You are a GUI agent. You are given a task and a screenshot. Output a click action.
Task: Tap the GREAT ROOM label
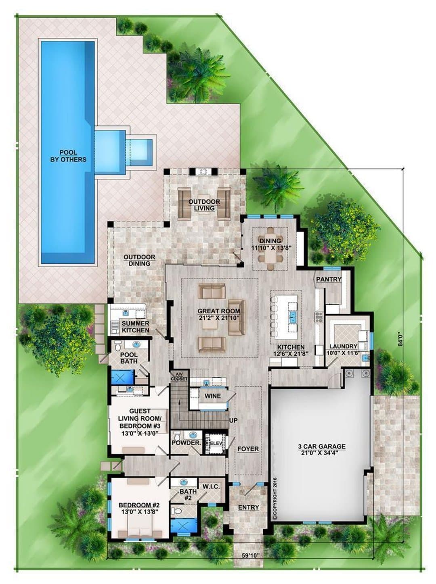pos(218,314)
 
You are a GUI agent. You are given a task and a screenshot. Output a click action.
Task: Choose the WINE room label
pos(212,396)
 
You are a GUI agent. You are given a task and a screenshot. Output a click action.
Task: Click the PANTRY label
pos(329,279)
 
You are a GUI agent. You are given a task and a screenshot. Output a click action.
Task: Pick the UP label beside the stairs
pos(233,420)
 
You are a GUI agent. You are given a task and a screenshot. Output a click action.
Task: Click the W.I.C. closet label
pos(211,487)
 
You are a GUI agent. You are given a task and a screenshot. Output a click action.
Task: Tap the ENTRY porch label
pos(249,507)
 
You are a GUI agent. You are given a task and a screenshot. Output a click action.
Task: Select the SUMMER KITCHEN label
pos(136,326)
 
